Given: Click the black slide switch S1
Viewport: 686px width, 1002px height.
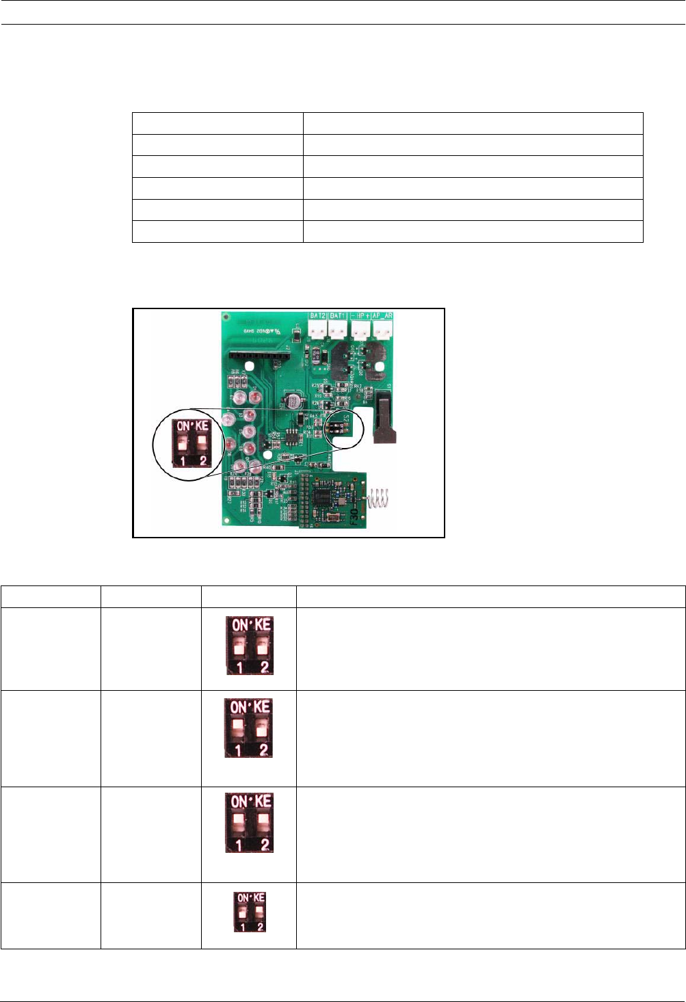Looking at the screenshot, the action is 385,417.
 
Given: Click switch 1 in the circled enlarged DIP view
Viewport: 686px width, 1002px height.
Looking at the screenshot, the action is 182,445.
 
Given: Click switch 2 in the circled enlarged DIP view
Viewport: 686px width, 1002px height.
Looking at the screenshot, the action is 202,445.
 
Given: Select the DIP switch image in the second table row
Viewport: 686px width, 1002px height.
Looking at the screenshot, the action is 248,728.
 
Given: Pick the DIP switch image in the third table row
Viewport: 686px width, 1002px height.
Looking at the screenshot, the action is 250,823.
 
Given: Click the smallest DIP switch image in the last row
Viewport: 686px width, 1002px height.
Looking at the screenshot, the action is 250,912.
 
